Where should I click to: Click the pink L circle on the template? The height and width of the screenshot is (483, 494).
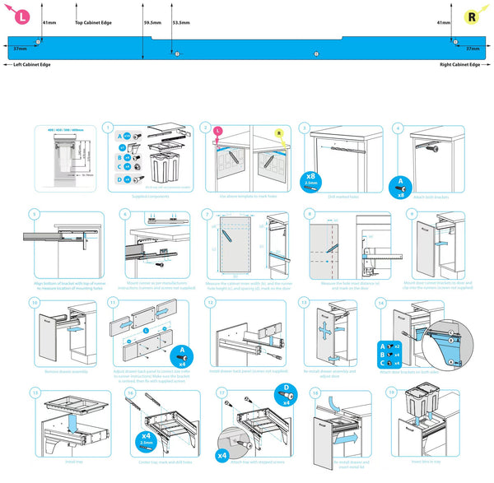click(23, 16)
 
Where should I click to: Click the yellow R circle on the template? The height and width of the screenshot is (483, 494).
click(471, 16)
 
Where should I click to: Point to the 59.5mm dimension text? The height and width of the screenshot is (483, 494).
click(151, 22)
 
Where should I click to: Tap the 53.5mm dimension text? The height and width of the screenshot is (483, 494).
click(180, 22)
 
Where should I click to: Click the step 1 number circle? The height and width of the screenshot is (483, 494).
click(107, 128)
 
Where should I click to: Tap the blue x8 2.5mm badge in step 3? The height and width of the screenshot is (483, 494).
click(310, 179)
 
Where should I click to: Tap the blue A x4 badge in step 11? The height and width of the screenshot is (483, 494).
click(179, 354)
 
